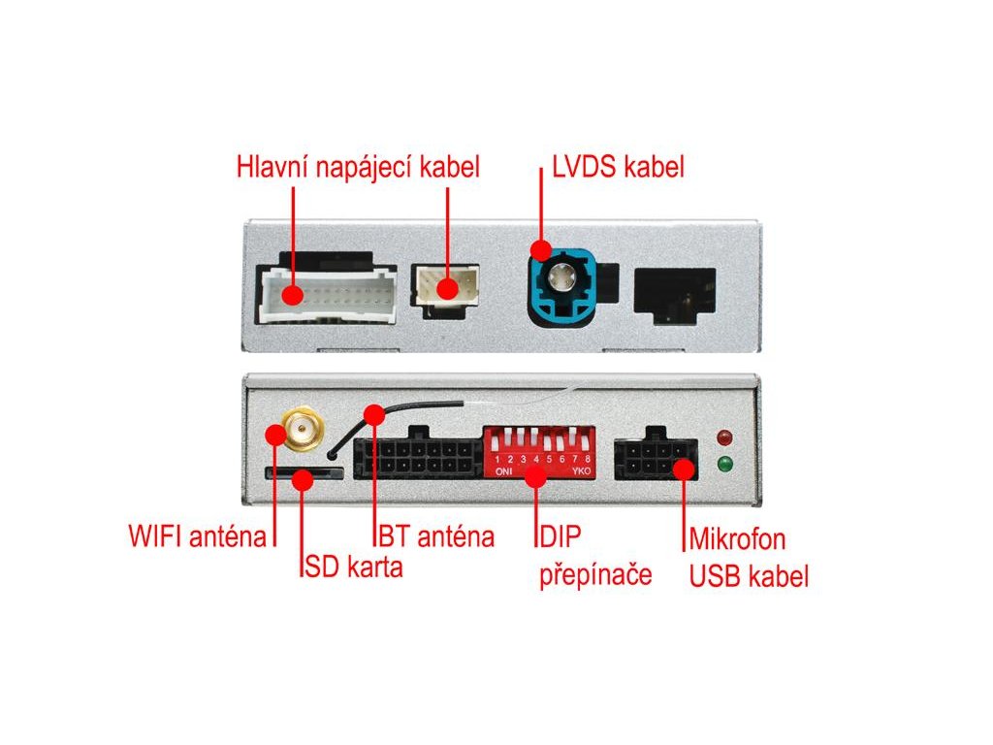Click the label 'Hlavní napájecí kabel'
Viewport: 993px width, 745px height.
[x=358, y=167]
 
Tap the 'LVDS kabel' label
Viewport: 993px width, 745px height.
[x=618, y=167]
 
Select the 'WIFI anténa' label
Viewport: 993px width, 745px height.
[x=197, y=535]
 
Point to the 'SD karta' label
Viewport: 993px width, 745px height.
[x=353, y=567]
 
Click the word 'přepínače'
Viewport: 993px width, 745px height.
[x=594, y=574]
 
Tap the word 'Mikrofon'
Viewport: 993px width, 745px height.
[x=737, y=538]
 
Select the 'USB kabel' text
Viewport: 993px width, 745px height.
[x=748, y=576]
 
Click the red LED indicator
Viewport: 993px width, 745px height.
[x=723, y=435]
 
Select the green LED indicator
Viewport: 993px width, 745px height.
[x=723, y=464]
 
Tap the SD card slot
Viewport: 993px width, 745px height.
[x=304, y=472]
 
